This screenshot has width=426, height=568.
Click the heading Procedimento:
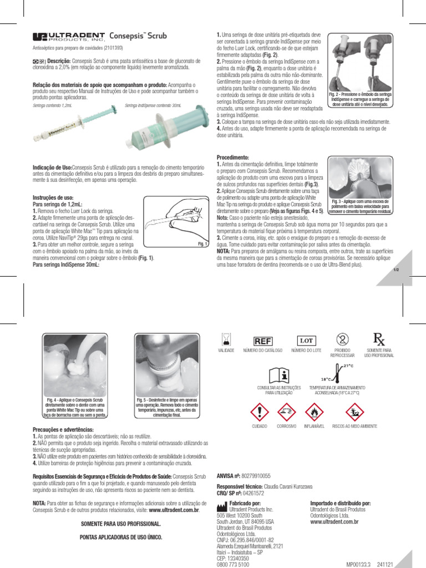[x=233, y=158]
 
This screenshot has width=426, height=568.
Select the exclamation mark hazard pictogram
[x=259, y=413]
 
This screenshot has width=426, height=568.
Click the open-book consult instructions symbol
[x=278, y=374]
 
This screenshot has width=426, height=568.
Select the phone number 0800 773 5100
[x=232, y=564]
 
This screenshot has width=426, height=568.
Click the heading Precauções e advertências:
[x=63, y=430]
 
